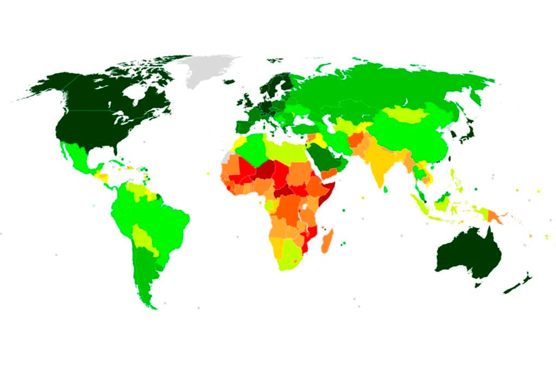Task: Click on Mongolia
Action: (405, 114)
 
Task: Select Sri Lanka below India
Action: (386, 190)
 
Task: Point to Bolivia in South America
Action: (142, 236)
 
